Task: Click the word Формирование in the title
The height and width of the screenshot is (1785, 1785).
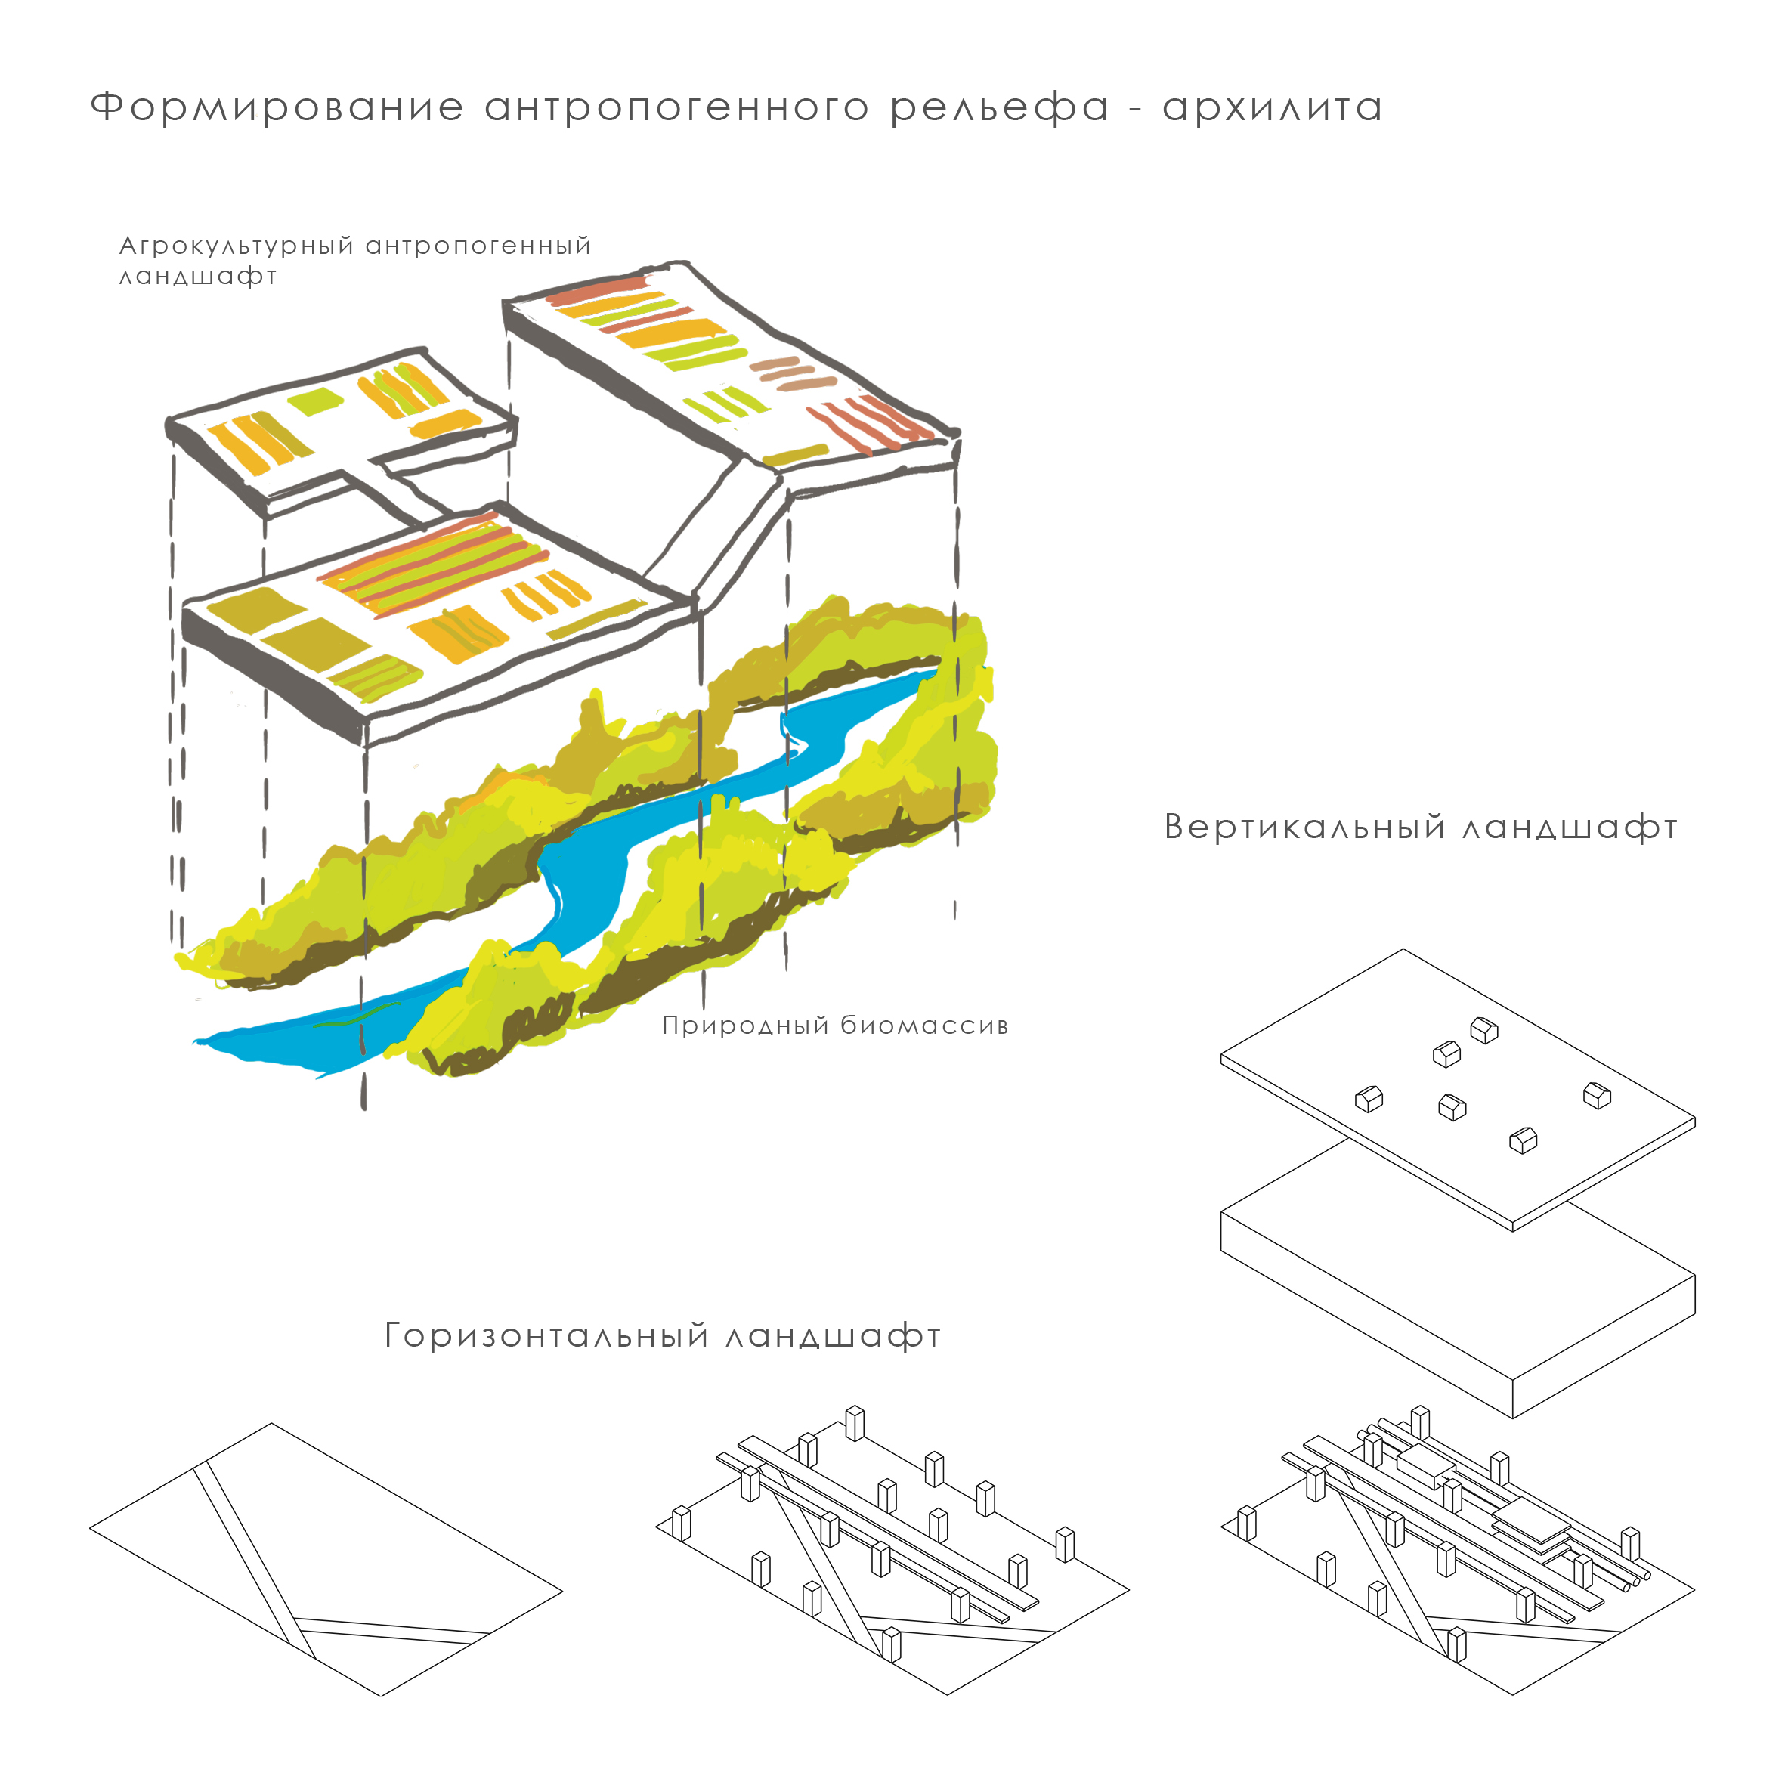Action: (277, 108)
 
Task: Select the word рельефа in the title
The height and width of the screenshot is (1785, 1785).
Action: (1000, 108)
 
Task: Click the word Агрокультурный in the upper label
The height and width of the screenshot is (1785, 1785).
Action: (237, 246)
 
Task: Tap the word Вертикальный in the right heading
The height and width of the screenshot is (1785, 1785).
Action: (1304, 827)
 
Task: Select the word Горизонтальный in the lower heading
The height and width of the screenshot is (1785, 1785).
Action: (547, 1336)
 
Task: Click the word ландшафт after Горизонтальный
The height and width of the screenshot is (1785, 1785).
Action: (834, 1336)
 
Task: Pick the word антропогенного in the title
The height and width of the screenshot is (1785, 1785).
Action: (676, 108)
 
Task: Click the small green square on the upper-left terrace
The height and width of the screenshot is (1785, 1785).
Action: (314, 402)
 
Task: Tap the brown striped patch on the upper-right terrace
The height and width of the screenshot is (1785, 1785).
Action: (793, 373)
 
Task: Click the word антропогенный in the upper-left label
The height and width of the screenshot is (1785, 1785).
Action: (478, 246)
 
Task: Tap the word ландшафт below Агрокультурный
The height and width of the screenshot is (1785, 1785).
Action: (198, 277)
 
